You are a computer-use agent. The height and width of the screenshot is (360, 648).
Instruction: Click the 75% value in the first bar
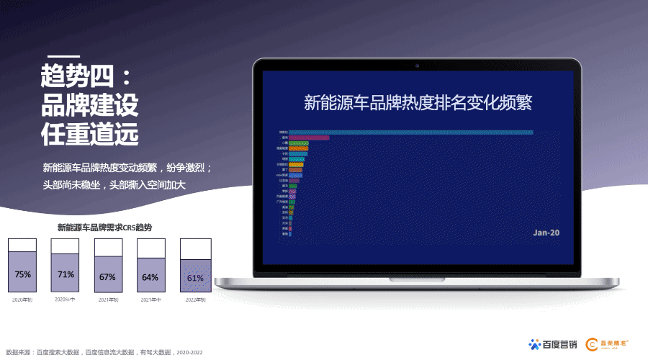coord(23,274)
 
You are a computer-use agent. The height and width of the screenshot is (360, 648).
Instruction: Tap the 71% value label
coord(66,274)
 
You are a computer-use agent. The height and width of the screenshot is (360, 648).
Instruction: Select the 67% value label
coord(108,277)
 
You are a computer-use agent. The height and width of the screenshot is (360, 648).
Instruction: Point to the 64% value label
coord(150,277)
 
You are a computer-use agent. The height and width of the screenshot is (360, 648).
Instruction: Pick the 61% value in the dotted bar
coord(195,278)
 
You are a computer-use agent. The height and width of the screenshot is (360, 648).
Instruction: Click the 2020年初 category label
coord(22,300)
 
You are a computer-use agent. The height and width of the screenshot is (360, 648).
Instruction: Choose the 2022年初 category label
coord(195,300)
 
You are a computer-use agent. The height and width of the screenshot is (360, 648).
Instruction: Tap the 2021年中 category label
coord(150,300)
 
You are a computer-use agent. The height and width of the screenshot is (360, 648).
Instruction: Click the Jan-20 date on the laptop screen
coord(546,233)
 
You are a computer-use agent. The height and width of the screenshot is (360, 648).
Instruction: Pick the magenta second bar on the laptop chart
coord(309,138)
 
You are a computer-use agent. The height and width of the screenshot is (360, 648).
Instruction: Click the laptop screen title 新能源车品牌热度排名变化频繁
coord(418,102)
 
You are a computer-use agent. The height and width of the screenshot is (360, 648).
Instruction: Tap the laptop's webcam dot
coord(417,66)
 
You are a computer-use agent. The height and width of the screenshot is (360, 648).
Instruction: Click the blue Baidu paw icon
coord(535,344)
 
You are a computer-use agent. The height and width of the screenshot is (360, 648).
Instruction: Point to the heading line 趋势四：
coord(86,76)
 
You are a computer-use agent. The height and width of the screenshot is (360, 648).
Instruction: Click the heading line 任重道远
coord(89,134)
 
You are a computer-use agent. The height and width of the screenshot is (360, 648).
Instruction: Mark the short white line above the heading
coord(63,55)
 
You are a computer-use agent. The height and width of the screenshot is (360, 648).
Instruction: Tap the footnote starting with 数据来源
coord(104,352)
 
